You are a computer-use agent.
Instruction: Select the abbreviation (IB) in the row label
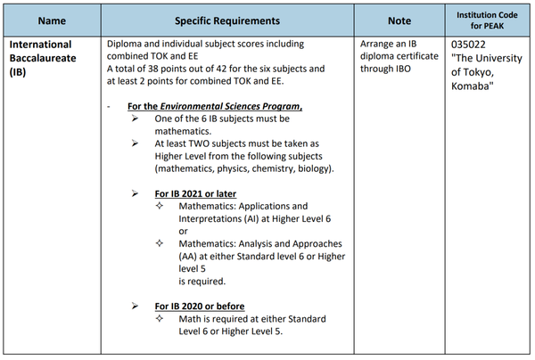20,71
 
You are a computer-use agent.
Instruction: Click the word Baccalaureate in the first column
45,57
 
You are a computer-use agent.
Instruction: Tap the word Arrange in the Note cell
381,43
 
